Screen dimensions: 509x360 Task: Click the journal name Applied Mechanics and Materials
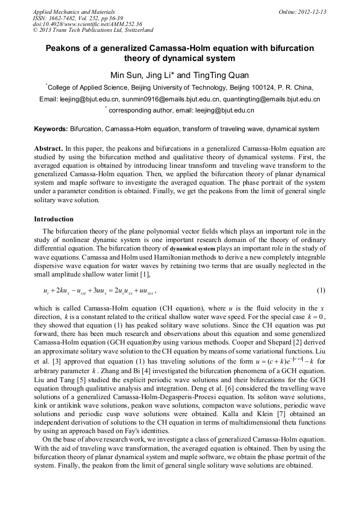point(74,12)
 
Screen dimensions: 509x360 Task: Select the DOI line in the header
point(88,24)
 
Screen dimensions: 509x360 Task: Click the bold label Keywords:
point(51,129)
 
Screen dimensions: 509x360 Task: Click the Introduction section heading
point(54,219)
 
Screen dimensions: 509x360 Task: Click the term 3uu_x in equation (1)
point(102,291)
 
